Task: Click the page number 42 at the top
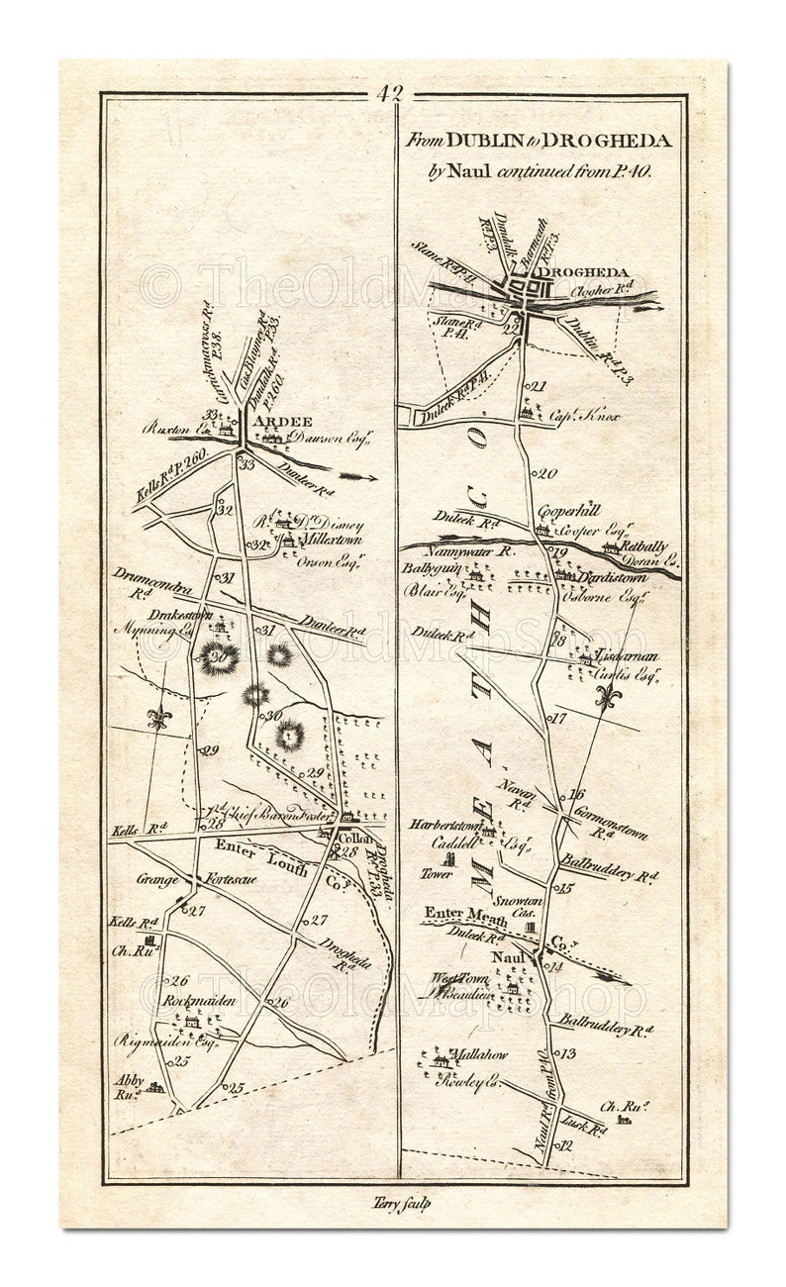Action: [390, 94]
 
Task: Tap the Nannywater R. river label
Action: [475, 552]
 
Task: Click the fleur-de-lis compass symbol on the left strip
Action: [156, 717]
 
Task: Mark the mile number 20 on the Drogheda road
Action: [548, 473]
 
